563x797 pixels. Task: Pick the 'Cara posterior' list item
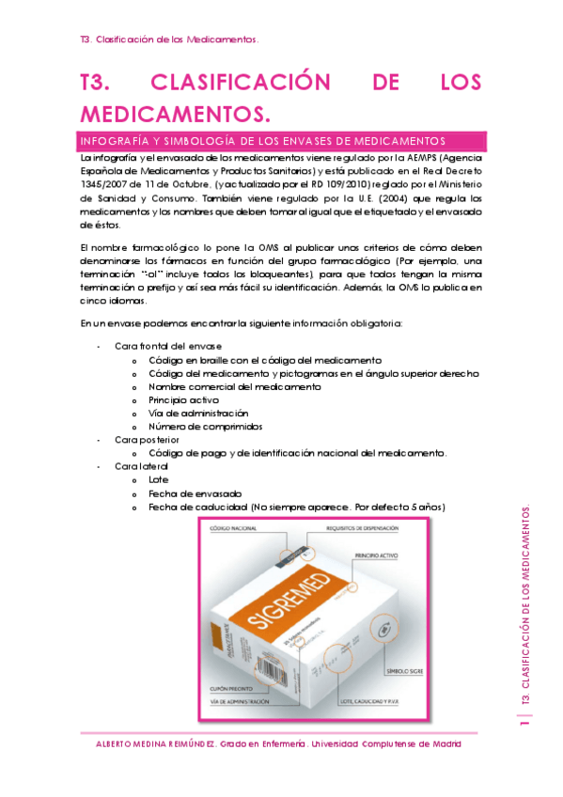coord(147,440)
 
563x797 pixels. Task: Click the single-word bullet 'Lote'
coord(159,479)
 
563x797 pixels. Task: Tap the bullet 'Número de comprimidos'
coord(205,426)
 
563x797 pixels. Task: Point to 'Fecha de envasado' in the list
coord(195,493)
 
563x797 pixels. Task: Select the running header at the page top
coord(170,39)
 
